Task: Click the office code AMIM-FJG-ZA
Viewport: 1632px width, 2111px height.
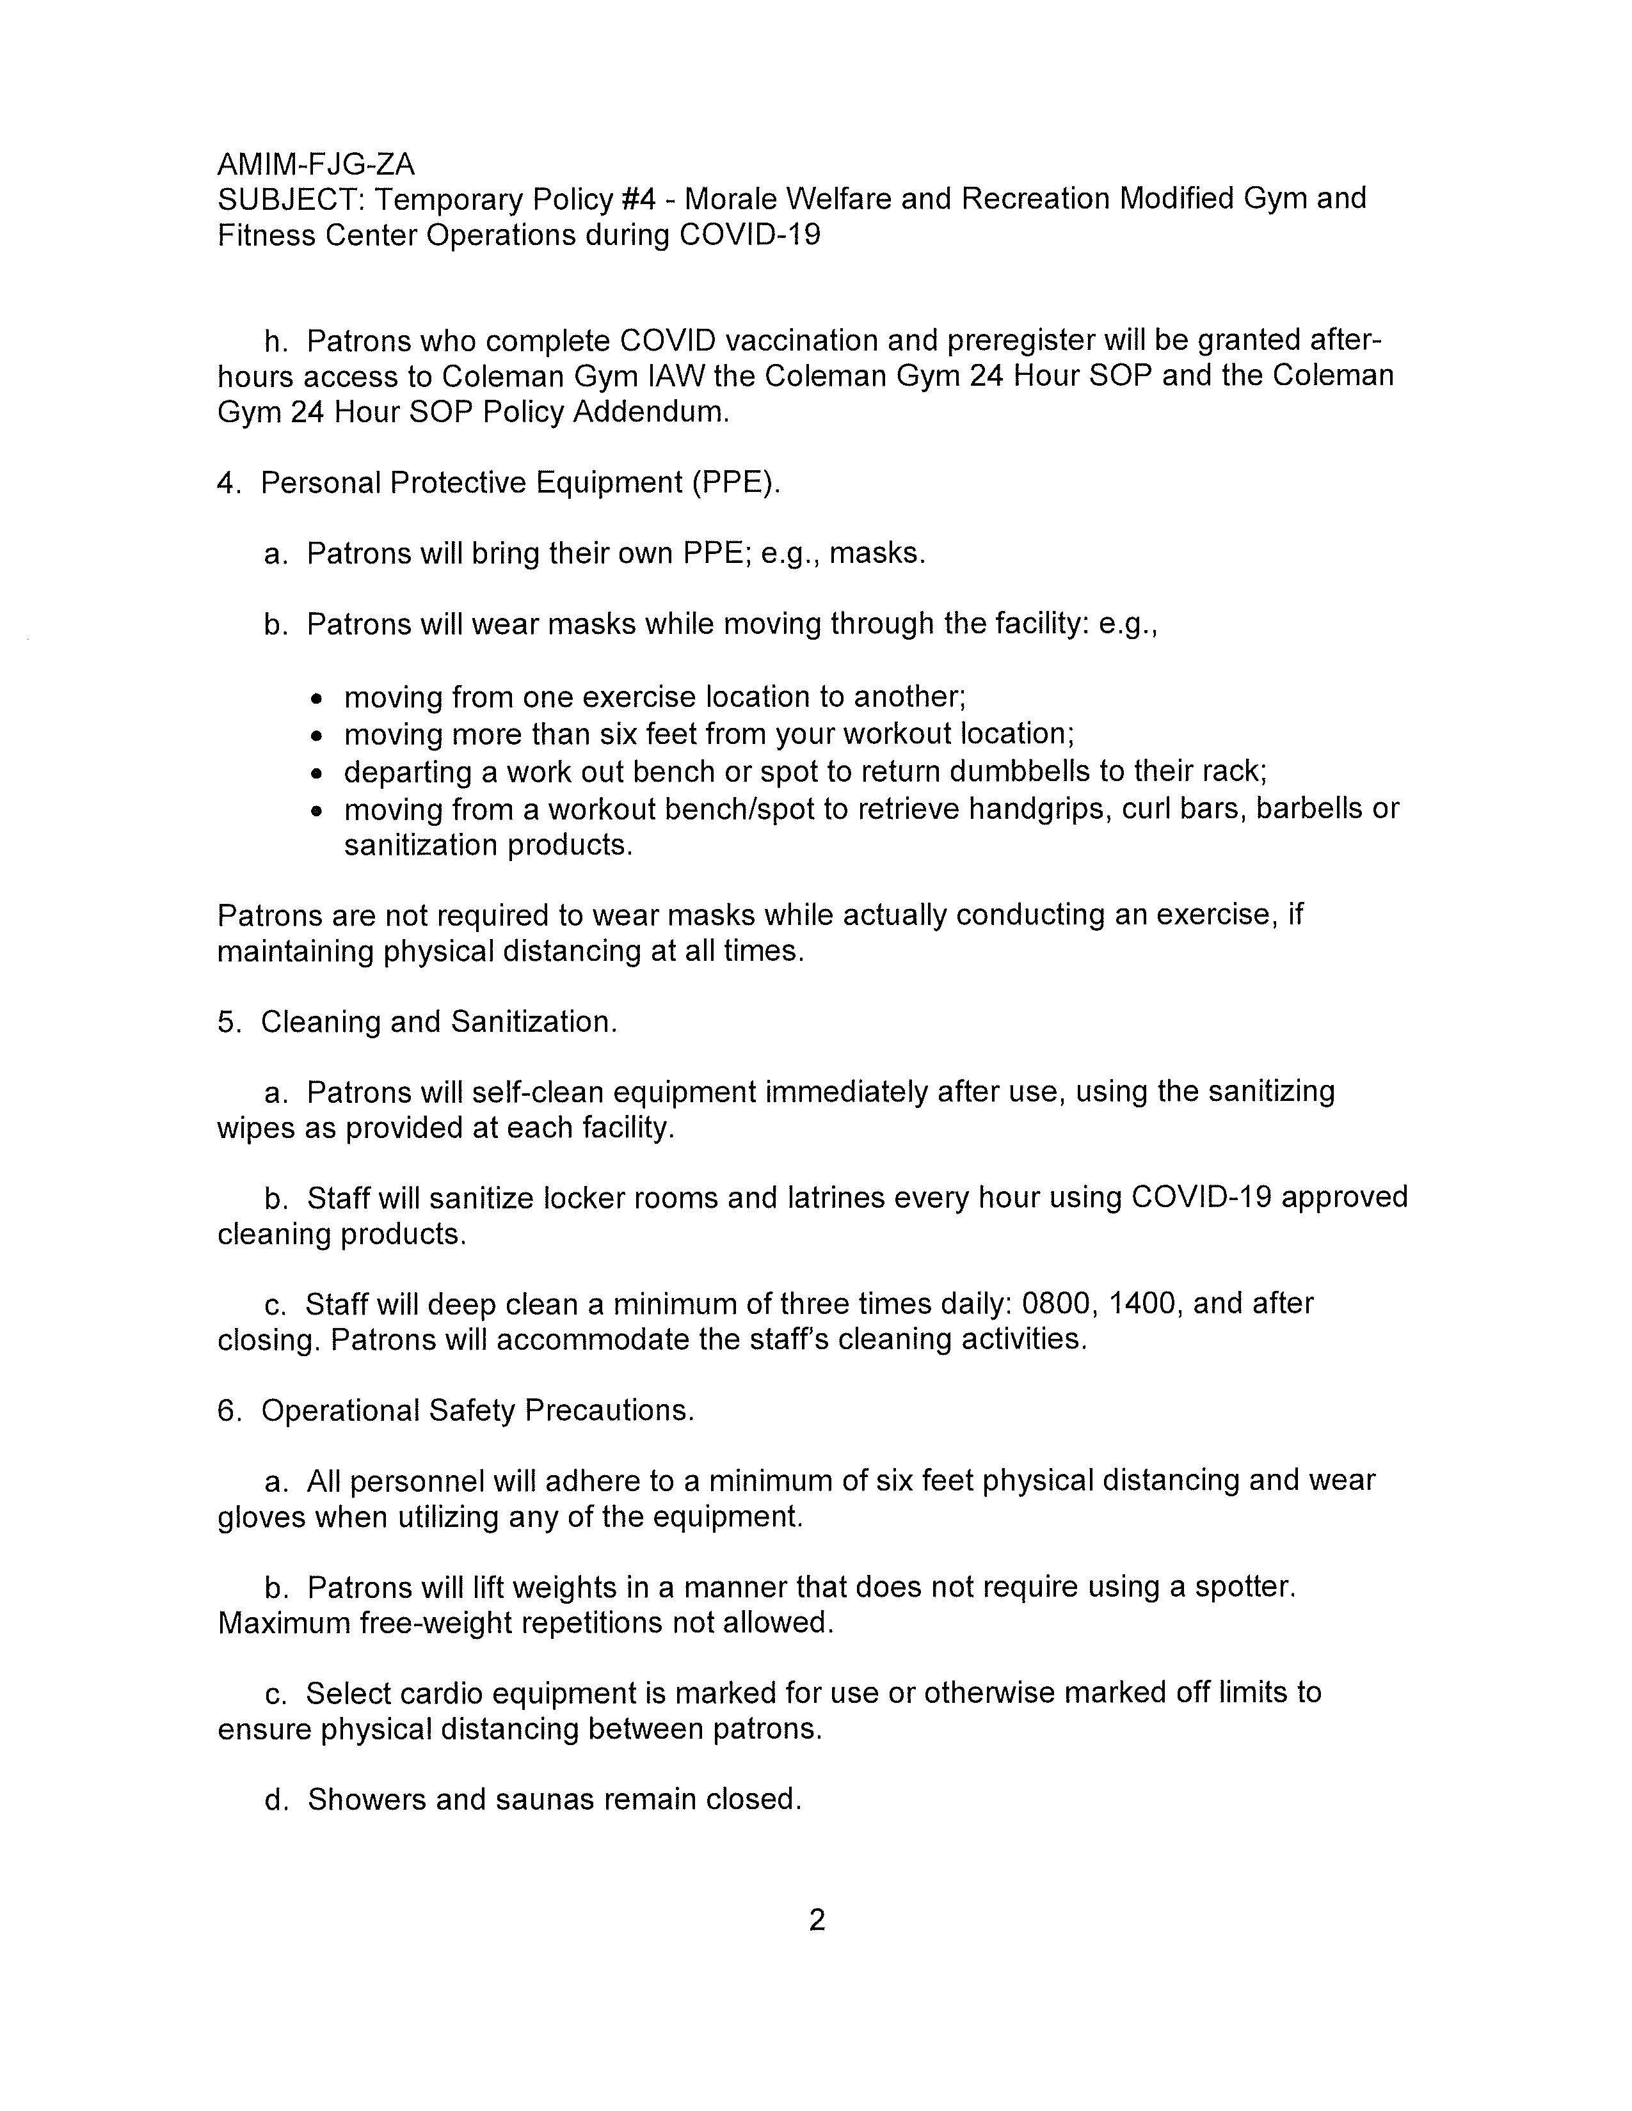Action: tap(316, 164)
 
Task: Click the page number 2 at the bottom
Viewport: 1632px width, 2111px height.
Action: tap(817, 1920)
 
